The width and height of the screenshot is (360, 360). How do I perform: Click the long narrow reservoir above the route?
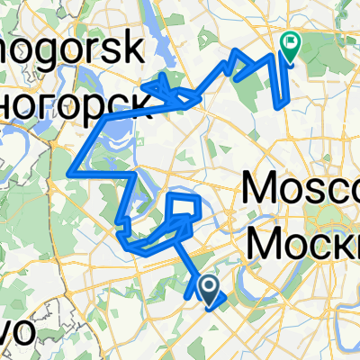click(x=193, y=36)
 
